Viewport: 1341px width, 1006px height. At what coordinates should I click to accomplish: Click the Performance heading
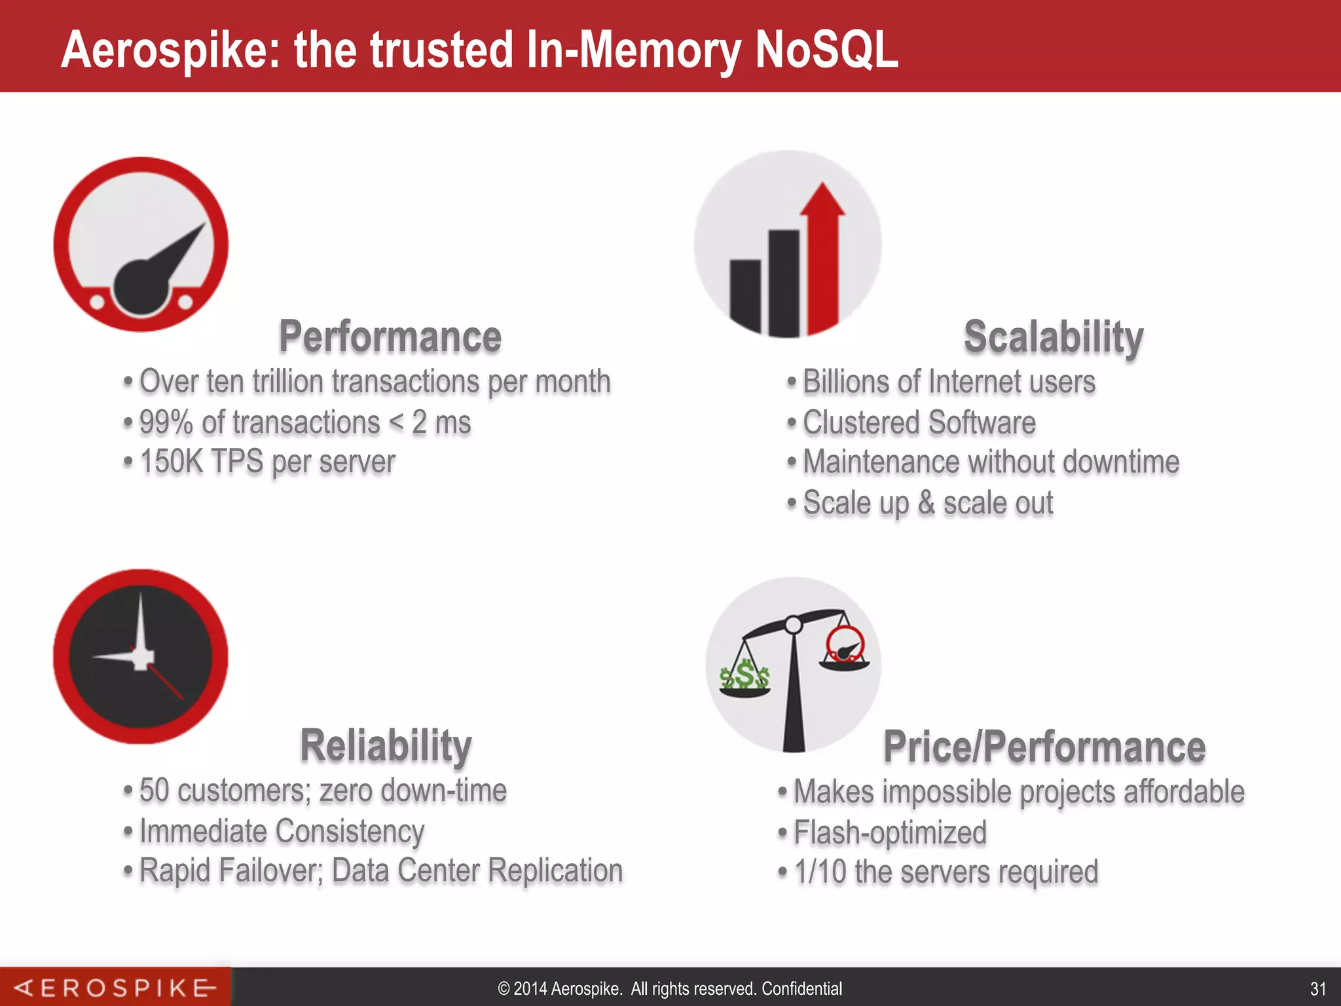[390, 337]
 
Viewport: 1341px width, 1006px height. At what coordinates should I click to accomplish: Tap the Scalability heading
[1054, 337]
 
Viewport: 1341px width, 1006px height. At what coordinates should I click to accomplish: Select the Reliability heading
[386, 745]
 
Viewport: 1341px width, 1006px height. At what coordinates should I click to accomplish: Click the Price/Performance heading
[1044, 747]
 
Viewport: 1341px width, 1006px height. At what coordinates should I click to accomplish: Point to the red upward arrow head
[822, 199]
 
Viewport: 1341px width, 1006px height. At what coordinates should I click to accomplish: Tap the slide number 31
[1317, 988]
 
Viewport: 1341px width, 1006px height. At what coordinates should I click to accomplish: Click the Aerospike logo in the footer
[115, 988]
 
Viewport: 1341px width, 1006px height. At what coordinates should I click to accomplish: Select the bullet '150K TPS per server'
[267, 462]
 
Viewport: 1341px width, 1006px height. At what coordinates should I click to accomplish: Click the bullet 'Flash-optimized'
[890, 832]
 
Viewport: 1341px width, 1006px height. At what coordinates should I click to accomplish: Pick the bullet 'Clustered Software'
[919, 422]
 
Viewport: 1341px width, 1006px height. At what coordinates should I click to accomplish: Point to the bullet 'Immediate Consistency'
[282, 831]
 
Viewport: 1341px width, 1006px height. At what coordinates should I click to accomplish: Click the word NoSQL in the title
[826, 50]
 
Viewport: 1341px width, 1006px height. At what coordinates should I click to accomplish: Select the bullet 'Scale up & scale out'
[928, 503]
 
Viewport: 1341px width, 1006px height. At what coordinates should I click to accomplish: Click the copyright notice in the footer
[670, 988]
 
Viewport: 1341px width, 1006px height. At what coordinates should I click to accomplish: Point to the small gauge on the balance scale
[845, 644]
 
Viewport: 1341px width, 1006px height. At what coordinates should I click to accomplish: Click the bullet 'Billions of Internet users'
[949, 382]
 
